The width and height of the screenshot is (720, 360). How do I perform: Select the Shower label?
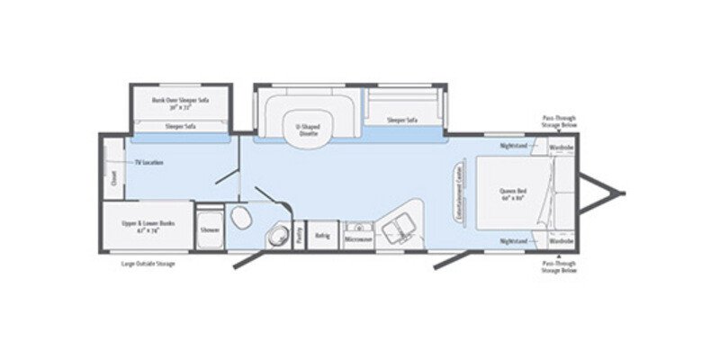pyautogui.click(x=209, y=230)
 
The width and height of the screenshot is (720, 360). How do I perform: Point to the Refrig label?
pyautogui.click(x=321, y=237)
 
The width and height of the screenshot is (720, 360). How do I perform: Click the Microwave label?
pyautogui.click(x=357, y=240)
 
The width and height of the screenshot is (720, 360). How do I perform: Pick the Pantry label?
pyautogui.click(x=299, y=234)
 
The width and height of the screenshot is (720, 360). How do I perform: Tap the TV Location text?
pyautogui.click(x=148, y=163)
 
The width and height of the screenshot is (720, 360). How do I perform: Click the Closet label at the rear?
pyautogui.click(x=114, y=178)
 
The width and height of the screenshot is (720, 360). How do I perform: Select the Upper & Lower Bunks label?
pyautogui.click(x=146, y=229)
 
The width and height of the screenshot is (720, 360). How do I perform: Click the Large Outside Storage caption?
pyautogui.click(x=148, y=264)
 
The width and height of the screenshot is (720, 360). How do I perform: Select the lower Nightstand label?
pyautogui.click(x=514, y=242)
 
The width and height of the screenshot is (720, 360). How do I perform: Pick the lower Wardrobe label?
pyautogui.click(x=561, y=242)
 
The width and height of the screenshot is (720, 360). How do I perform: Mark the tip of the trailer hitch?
pyautogui.click(x=623, y=193)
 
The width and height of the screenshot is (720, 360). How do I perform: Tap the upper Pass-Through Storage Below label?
pyautogui.click(x=560, y=121)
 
